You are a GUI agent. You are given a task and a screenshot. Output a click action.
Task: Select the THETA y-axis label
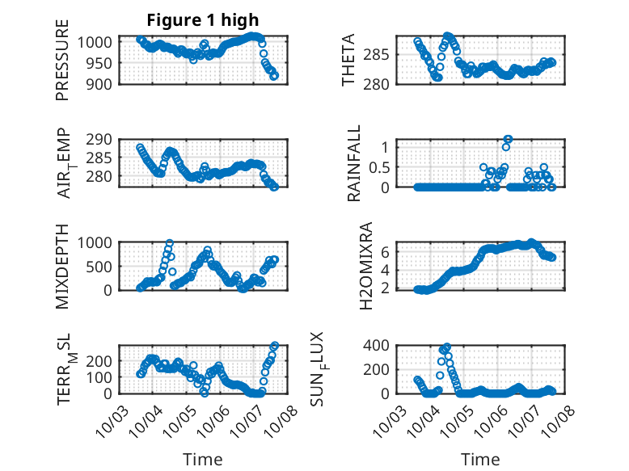(x=349, y=60)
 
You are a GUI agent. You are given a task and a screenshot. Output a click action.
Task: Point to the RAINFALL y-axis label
(x=354, y=162)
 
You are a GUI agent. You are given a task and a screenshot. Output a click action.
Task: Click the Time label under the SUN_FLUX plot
(x=480, y=459)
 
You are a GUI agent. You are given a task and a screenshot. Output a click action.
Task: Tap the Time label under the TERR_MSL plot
(x=202, y=459)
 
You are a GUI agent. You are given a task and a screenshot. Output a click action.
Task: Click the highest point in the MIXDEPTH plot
(x=170, y=242)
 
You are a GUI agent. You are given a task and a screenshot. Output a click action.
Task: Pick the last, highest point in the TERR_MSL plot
(x=275, y=346)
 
